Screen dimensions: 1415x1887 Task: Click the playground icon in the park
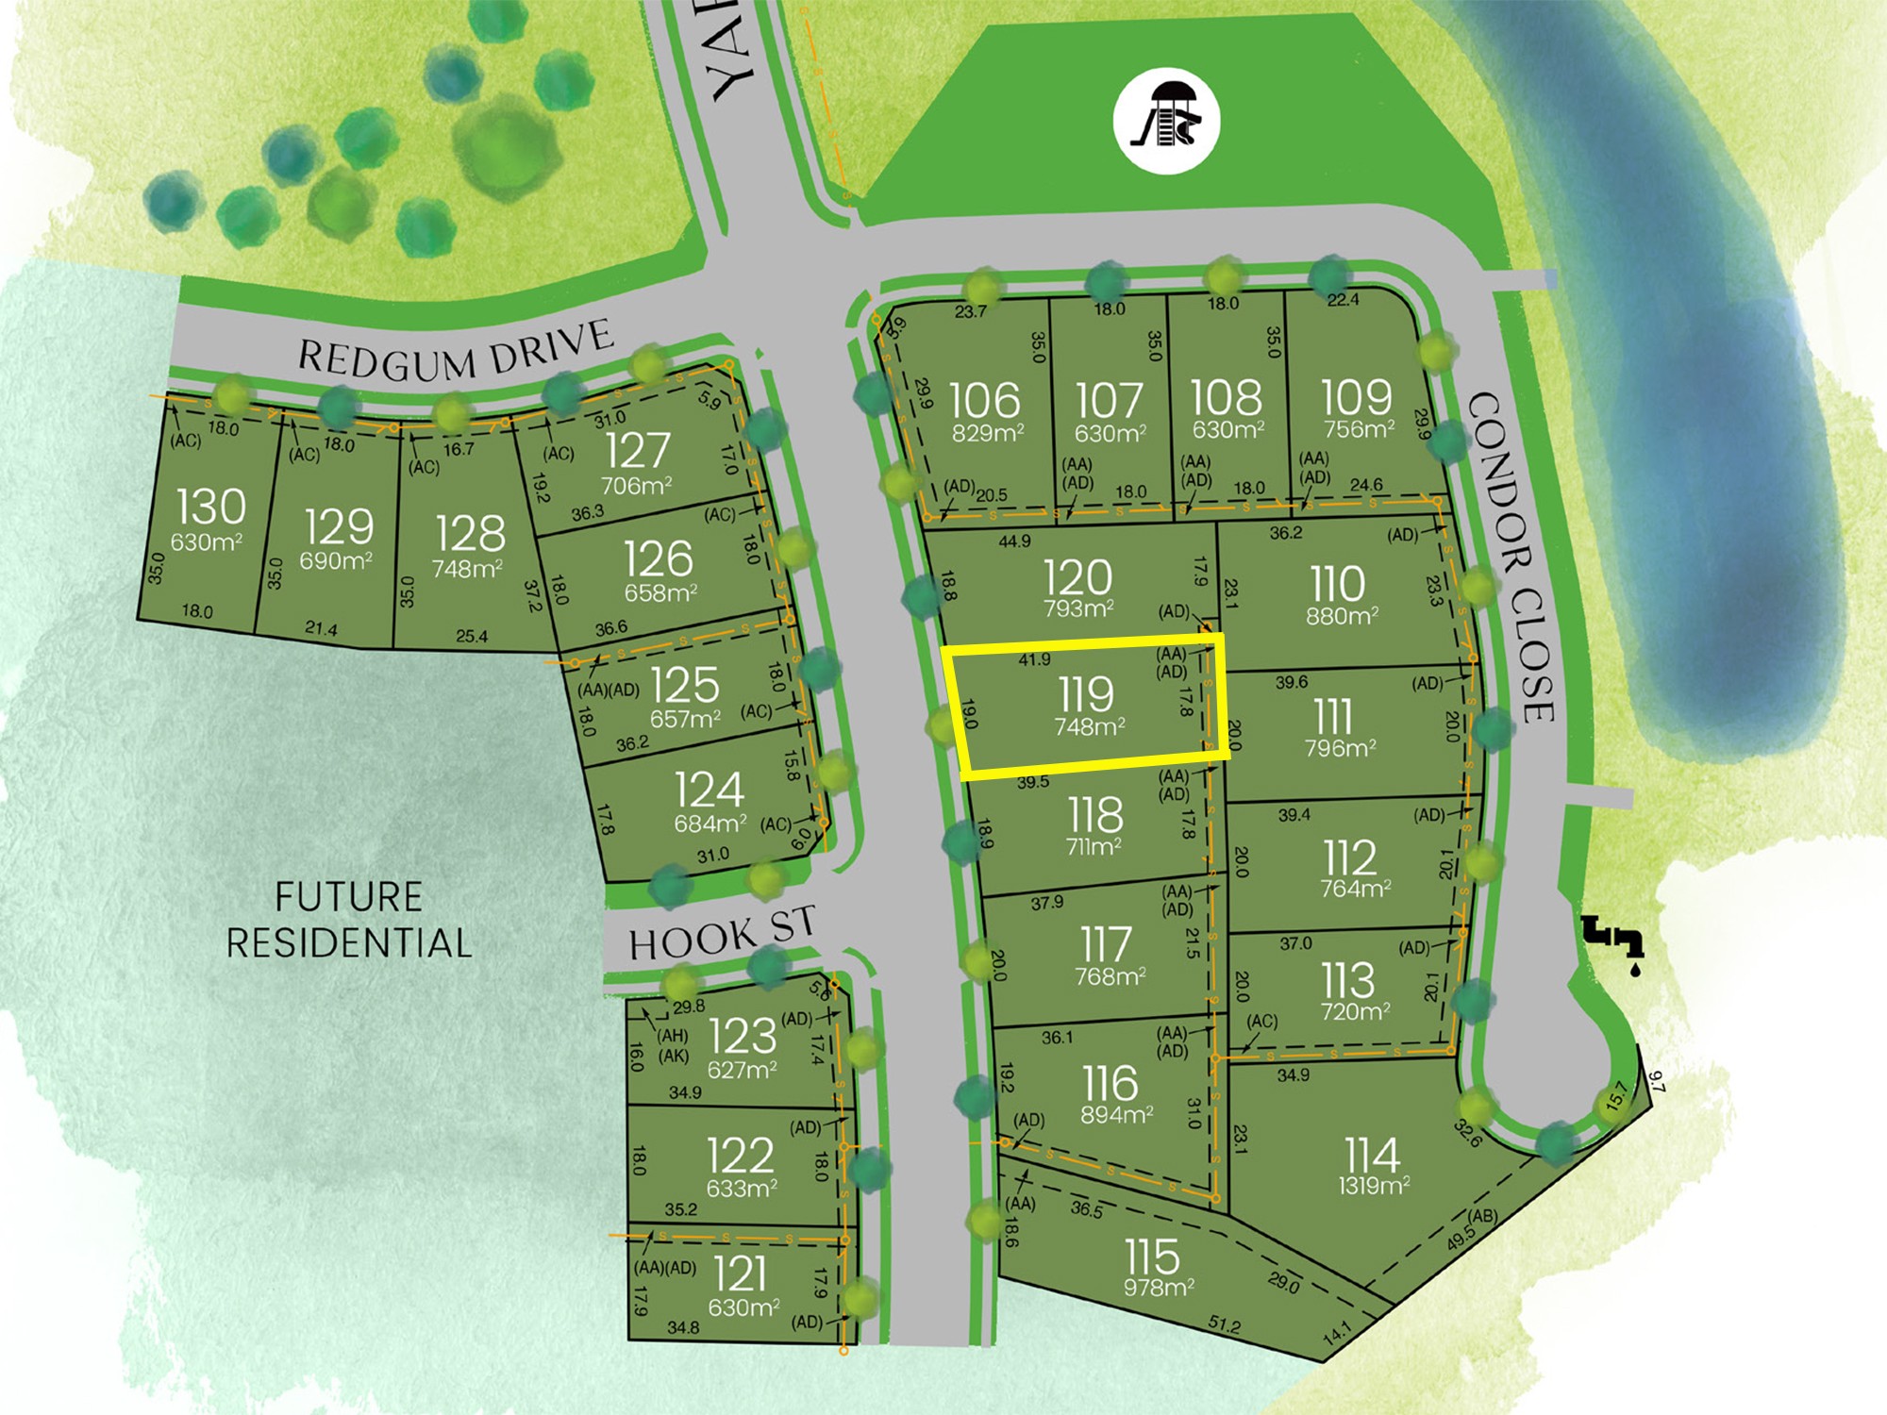(1167, 121)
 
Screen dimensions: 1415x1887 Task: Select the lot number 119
(1086, 695)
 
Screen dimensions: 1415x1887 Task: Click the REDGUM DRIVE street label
(456, 351)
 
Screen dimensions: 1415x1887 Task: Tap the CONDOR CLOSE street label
(1511, 557)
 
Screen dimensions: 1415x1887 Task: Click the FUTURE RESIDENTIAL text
(348, 920)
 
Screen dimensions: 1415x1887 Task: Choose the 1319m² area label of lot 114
(1374, 1186)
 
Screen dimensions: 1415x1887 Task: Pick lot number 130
(211, 508)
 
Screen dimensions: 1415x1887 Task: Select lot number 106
(984, 400)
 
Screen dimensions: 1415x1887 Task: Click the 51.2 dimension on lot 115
(1225, 1324)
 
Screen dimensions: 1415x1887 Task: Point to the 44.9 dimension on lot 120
(1014, 541)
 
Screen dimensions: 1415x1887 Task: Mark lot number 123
(743, 1037)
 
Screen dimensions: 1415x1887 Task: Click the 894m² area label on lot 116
(1117, 1115)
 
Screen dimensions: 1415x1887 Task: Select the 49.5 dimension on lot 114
(1460, 1237)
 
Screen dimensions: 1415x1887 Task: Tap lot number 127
(638, 451)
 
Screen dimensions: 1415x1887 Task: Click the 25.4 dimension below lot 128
(472, 637)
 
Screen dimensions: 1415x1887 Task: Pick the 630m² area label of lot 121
(743, 1308)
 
